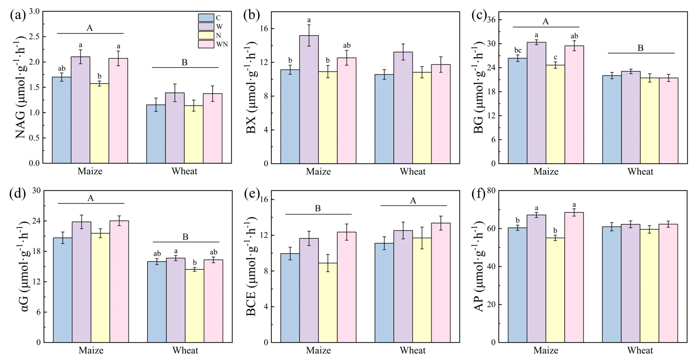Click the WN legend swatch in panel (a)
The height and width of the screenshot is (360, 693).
coord(206,44)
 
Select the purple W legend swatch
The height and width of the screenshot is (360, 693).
coord(206,26)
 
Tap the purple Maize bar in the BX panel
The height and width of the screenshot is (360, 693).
coord(309,100)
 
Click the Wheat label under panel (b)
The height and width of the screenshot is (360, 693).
coord(412,171)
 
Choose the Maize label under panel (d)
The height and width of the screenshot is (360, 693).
coord(91,350)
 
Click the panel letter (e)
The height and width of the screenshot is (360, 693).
coord(252,194)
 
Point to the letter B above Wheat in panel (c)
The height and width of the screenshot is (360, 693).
coord(640,48)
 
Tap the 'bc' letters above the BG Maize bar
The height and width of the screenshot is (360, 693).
coord(518,51)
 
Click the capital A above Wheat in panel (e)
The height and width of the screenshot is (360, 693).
coord(413,201)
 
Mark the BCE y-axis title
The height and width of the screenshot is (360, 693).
coord(251,267)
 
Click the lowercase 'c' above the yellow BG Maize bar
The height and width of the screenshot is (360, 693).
coord(555,58)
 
